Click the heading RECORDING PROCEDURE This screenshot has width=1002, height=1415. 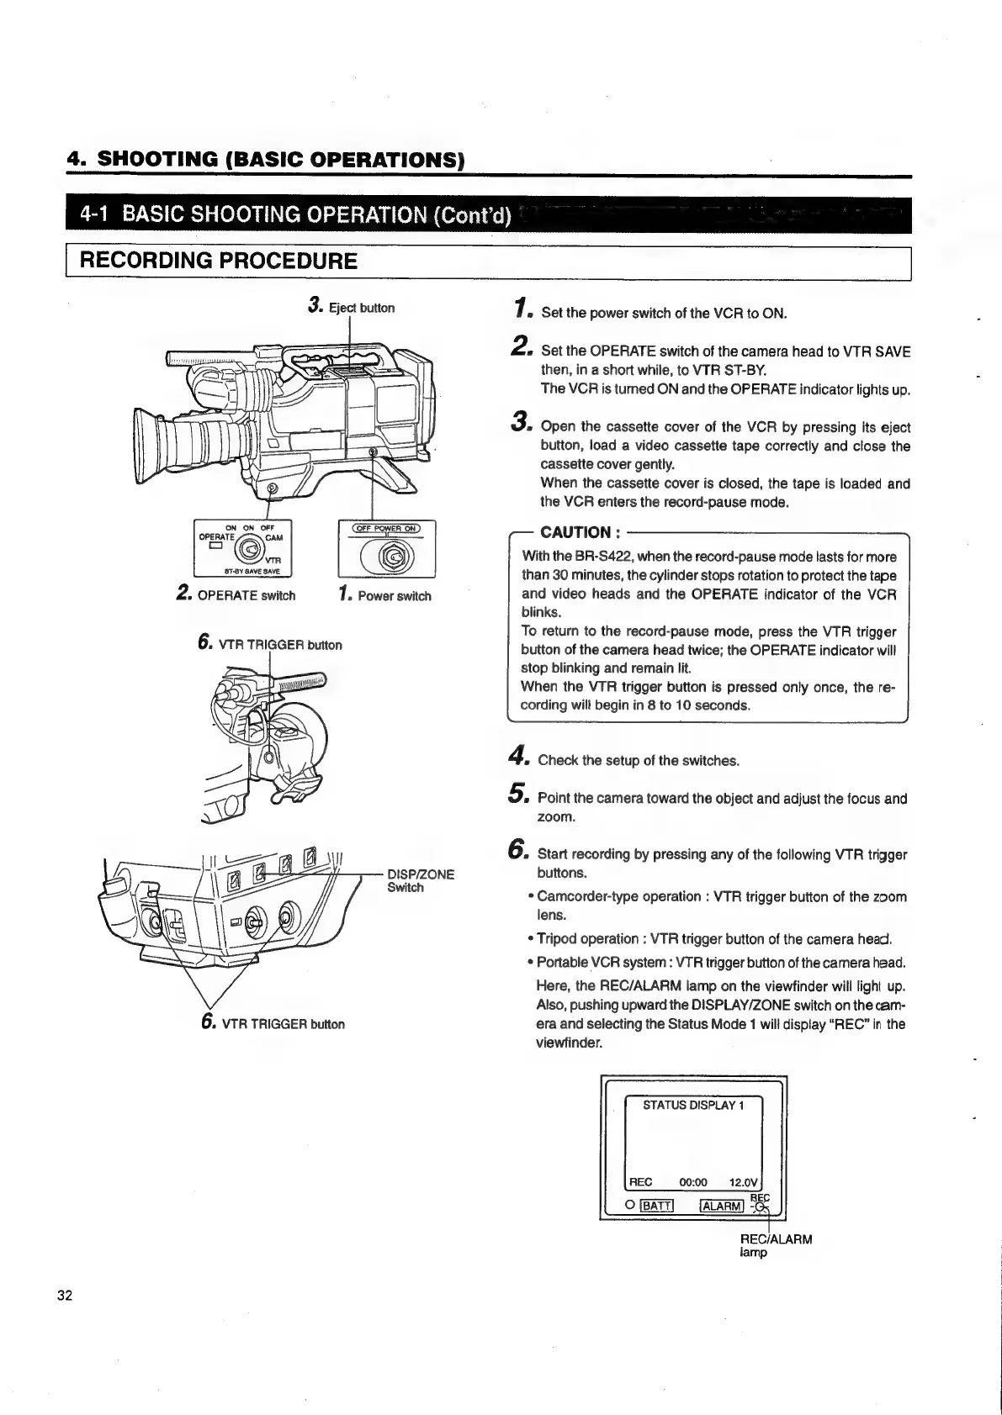click(x=218, y=260)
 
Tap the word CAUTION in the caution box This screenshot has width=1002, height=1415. click(x=575, y=532)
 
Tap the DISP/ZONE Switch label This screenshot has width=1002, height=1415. click(x=420, y=880)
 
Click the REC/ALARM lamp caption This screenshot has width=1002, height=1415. click(x=776, y=1245)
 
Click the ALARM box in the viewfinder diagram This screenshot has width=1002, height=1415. click(x=722, y=1206)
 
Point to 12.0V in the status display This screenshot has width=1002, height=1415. click(x=745, y=1182)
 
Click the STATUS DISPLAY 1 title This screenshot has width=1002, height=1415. click(x=693, y=1105)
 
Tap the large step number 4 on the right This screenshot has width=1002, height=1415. click(x=518, y=758)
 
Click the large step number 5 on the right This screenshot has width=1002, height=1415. click(x=518, y=795)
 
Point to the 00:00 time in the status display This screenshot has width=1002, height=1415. click(x=693, y=1182)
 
